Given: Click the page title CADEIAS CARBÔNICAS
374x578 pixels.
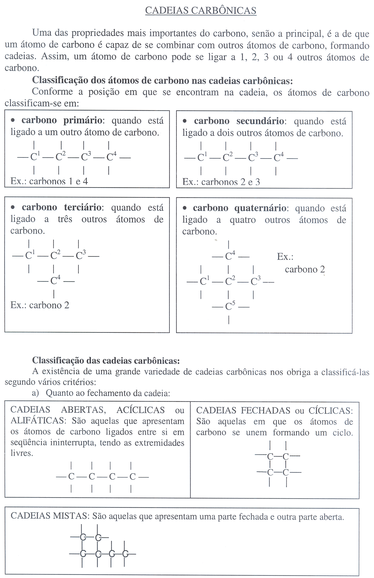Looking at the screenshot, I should [201, 10].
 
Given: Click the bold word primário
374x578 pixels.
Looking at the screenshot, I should [83, 120].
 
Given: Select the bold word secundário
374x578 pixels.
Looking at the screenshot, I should [260, 121].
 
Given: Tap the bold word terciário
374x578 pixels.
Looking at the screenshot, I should [83, 207].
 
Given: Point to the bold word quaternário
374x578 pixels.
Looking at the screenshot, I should [260, 208].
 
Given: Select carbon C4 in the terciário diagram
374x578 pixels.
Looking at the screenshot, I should [55, 281].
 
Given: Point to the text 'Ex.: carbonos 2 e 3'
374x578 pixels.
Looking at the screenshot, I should [221, 182].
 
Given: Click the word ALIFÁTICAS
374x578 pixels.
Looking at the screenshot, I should [38, 421].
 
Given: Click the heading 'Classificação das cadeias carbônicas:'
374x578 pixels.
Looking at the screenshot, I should [106, 360].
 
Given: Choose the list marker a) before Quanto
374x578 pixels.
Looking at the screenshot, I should [35, 393].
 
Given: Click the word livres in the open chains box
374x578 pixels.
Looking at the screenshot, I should [22, 453].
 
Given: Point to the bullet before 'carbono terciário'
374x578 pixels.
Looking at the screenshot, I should [13, 207].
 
